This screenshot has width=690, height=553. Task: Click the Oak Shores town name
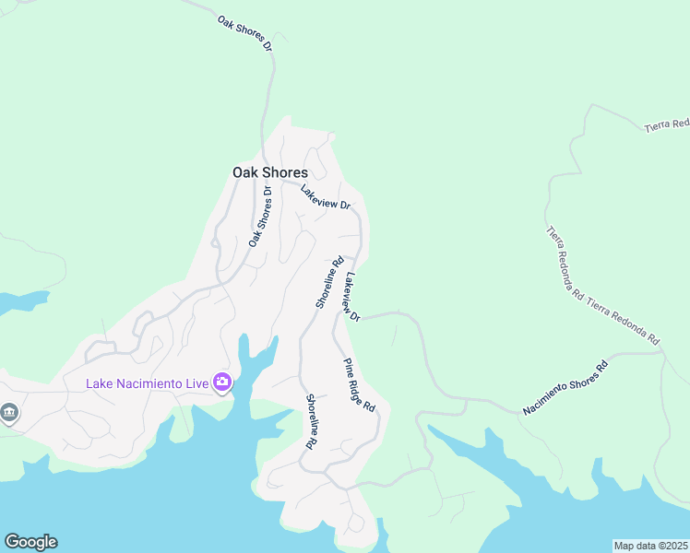269,172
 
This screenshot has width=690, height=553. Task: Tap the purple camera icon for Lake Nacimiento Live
222,382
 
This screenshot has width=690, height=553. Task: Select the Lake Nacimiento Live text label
147,383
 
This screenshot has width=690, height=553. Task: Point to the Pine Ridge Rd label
360,384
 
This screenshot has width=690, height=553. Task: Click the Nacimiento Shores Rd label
565,386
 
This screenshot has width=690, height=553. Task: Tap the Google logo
30,542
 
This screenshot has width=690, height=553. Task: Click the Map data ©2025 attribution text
651,546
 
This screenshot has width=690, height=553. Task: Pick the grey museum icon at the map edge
9,412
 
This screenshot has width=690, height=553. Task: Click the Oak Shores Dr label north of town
246,33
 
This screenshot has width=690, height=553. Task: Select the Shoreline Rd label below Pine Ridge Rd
313,421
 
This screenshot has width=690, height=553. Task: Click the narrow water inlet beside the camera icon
245,355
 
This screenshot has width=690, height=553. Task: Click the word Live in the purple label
195,383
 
